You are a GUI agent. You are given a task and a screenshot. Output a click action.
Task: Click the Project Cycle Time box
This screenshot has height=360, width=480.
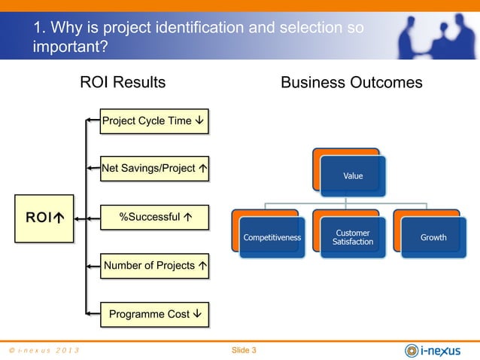[155, 121]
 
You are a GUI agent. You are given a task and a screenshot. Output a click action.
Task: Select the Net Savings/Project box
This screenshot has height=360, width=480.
[155, 169]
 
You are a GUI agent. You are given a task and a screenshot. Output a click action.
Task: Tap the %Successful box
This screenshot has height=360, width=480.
[155, 218]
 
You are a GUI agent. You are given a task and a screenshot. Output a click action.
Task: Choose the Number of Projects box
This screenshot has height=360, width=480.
[155, 266]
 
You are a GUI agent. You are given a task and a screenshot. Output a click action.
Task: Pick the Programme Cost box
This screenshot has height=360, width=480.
[155, 314]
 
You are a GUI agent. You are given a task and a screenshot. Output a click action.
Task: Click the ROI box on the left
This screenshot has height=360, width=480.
[44, 218]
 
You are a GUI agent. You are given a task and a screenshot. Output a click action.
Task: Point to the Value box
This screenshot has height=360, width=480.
[352, 175]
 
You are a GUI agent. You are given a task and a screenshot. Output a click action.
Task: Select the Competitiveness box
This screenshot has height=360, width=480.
[272, 237]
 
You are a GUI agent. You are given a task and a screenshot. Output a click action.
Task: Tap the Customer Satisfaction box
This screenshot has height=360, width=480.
[353, 237]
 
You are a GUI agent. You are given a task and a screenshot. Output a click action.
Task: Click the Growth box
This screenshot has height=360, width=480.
[433, 237]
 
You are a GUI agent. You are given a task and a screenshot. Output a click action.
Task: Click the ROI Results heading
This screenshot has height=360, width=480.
[123, 82]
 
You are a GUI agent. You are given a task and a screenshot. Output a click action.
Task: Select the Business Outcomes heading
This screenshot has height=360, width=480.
[351, 82]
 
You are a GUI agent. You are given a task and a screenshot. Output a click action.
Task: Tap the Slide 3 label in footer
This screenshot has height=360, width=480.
[244, 350]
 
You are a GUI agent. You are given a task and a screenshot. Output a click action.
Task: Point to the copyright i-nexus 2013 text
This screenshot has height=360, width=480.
[44, 351]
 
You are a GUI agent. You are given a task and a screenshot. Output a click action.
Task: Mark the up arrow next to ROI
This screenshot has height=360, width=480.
[58, 218]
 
